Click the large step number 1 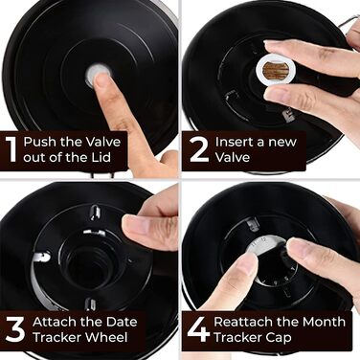(x=11, y=149)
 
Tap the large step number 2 (x=199, y=149)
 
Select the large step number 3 (x=15, y=329)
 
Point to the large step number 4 (x=198, y=328)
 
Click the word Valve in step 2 (x=232, y=157)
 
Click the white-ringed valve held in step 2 (x=273, y=72)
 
